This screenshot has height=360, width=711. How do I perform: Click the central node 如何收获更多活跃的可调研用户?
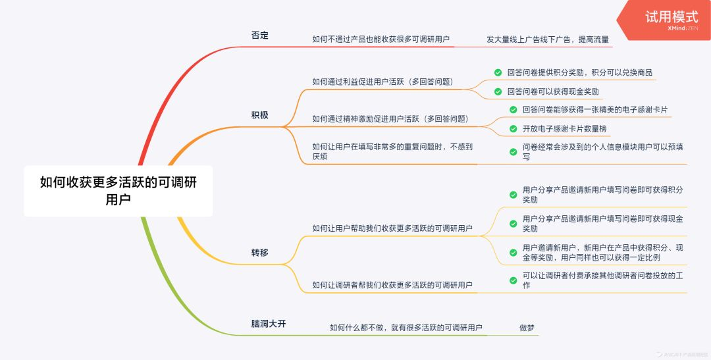[x=118, y=191]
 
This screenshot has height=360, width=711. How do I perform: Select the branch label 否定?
[x=260, y=36]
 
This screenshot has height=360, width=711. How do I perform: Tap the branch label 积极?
[x=260, y=115]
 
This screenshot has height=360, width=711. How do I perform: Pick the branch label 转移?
[x=260, y=252]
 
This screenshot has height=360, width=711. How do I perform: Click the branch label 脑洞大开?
[x=269, y=324]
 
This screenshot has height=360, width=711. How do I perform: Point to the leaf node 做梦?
[x=528, y=327]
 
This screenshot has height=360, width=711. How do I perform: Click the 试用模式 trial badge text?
[x=671, y=16]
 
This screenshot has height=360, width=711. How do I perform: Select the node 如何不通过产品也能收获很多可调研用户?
[x=381, y=39]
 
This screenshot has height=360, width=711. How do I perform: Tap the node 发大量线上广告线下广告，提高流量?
[x=548, y=39]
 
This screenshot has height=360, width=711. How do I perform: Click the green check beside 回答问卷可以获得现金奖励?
[x=498, y=91]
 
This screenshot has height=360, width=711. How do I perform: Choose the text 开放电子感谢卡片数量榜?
[x=564, y=128]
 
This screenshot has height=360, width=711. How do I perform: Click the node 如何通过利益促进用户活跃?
[x=387, y=82]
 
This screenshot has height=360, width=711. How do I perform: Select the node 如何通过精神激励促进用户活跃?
[x=390, y=119]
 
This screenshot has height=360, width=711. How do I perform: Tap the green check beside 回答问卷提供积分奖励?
[x=498, y=72]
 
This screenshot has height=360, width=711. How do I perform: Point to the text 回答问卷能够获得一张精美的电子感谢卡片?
[x=594, y=110]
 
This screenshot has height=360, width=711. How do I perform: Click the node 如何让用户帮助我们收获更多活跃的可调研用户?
[x=392, y=228]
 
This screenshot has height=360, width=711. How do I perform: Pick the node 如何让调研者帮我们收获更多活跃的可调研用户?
[x=392, y=285]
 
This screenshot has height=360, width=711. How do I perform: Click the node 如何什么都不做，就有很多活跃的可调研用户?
[x=406, y=327]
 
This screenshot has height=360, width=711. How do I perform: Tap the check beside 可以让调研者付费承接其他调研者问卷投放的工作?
[x=513, y=280]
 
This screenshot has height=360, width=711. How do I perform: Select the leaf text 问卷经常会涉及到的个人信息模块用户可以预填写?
[x=602, y=152]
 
